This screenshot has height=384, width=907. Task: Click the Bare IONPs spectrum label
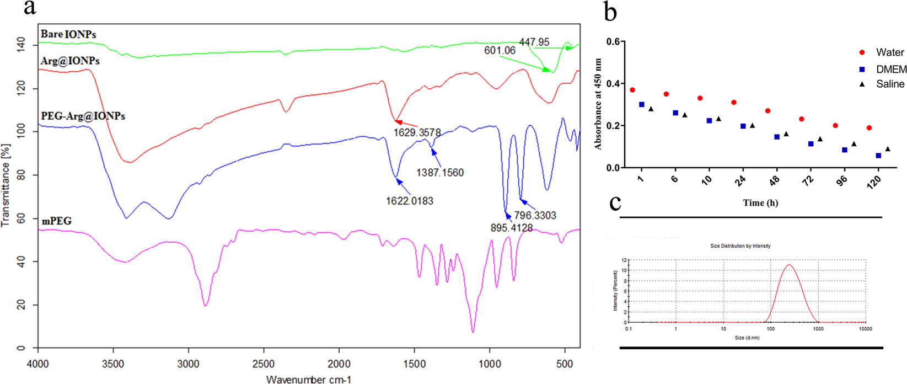click(68, 34)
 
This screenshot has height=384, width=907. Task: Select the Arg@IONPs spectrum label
click(70, 61)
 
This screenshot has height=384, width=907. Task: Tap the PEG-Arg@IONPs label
click(83, 116)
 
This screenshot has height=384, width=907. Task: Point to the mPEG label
click(57, 221)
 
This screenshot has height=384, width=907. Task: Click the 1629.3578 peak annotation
click(417, 133)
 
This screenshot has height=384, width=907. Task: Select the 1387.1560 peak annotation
click(439, 173)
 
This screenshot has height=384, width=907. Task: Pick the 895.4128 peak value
click(511, 227)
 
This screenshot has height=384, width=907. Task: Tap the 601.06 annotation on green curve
click(500, 51)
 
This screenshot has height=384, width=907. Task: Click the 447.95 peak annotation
click(534, 42)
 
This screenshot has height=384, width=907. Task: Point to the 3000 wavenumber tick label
click(189, 365)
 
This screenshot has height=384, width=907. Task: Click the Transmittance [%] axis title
click(6, 185)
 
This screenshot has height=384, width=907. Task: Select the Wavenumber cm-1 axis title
click(308, 380)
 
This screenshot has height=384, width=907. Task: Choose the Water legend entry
click(889, 52)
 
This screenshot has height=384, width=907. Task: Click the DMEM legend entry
click(891, 70)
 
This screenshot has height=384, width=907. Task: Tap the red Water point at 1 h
click(632, 90)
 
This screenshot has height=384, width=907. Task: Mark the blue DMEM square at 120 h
click(878, 156)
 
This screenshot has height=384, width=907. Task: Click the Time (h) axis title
click(760, 202)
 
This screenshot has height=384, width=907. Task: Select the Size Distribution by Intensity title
click(740, 246)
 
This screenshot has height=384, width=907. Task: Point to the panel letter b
click(610, 12)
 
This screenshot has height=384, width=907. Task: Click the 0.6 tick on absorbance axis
click(613, 42)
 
